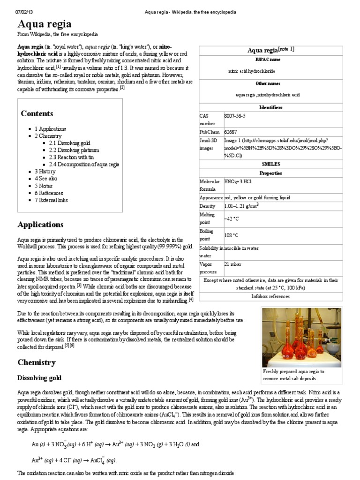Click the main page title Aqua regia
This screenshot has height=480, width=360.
(x=45, y=24)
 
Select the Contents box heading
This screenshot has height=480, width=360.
(x=37, y=113)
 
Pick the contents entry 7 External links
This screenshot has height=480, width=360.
(x=51, y=200)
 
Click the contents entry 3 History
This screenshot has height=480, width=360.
(x=45, y=172)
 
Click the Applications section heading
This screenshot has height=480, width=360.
(x=40, y=225)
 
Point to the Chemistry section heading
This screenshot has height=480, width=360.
(x=37, y=362)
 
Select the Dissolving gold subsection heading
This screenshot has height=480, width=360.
(x=39, y=378)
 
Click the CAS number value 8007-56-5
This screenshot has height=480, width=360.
(x=235, y=115)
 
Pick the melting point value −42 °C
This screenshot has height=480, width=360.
(x=232, y=218)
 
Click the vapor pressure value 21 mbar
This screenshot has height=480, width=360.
(x=232, y=265)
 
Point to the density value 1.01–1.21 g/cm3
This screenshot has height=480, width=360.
(x=241, y=206)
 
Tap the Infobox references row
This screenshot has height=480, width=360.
(x=270, y=296)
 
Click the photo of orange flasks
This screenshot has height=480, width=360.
(x=301, y=337)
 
